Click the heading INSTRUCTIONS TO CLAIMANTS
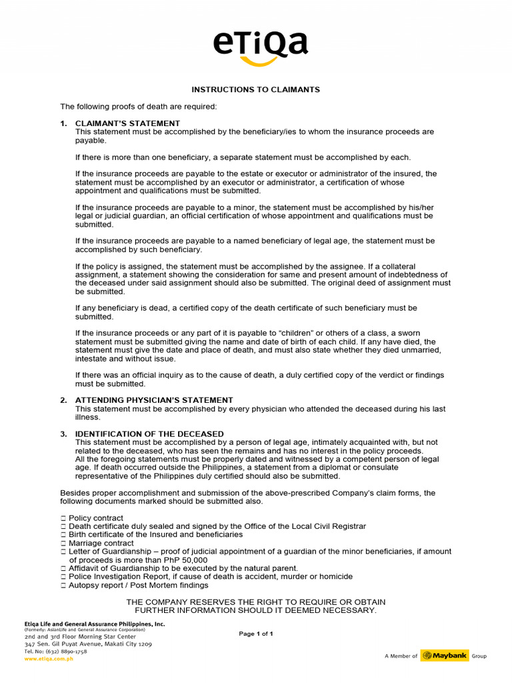[256, 89]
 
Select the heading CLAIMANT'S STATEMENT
[127, 123]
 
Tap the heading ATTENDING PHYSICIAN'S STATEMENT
[154, 400]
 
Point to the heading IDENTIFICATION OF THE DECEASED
[149, 434]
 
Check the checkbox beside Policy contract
[63, 518]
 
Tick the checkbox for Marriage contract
[63, 544]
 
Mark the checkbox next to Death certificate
[63, 527]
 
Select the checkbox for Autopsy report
[63, 586]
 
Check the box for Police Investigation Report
[63, 577]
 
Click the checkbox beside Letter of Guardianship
[63, 552]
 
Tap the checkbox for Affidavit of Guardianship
[63, 568]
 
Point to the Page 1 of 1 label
[256, 634]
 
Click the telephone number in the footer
[56, 652]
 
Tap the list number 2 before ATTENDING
[63, 400]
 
